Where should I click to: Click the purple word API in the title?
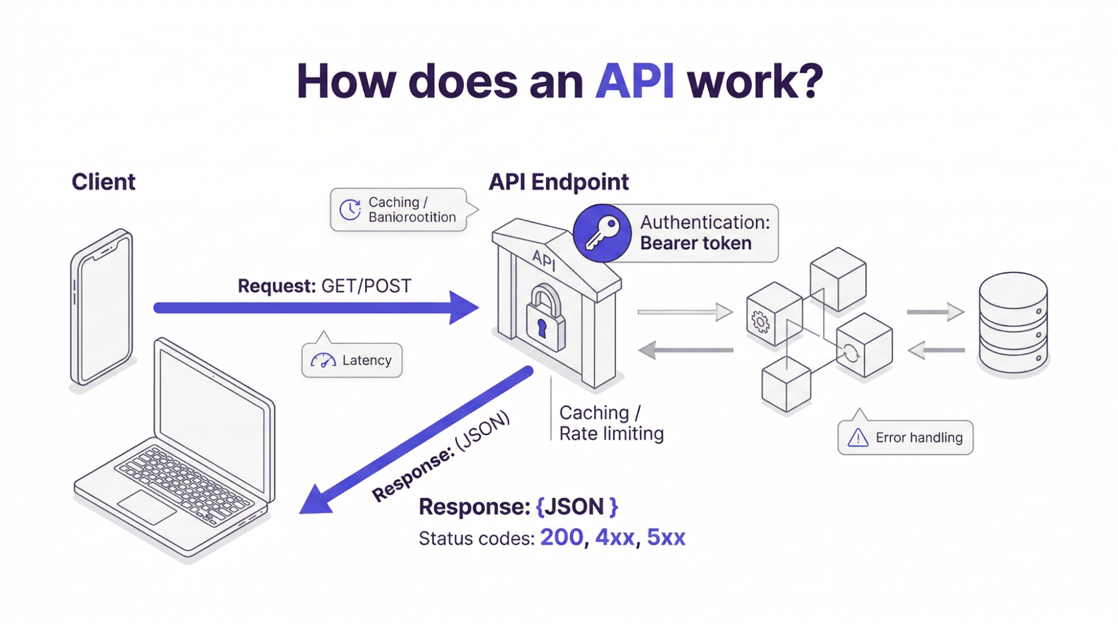coord(634,82)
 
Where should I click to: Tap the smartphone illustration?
coord(102,308)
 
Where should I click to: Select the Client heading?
coord(103,182)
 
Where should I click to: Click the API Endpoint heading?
coord(558,182)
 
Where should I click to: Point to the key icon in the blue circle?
coord(602,233)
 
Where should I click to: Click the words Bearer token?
coord(695,243)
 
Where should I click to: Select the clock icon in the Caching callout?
coord(350,210)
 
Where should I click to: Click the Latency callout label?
coord(366,360)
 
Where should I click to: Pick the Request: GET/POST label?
coord(324,286)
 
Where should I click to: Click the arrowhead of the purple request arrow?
coord(464,308)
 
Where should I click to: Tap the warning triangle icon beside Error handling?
coord(857,437)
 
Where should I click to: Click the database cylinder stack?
coord(1013,323)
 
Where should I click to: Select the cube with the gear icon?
coord(773,314)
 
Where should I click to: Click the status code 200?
coord(562,537)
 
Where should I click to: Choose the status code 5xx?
coord(666,537)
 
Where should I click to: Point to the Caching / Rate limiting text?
coord(611,423)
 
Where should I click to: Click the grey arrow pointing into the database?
coord(935,311)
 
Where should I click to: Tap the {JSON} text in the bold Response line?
coord(577,507)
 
